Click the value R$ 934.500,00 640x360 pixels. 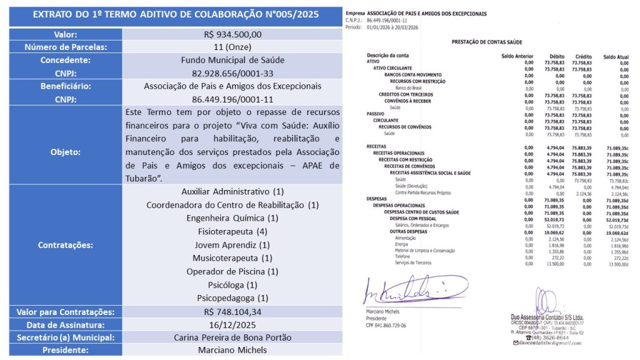coord(232,34)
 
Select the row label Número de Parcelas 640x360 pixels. coord(66,47)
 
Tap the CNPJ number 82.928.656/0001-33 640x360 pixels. coord(232,73)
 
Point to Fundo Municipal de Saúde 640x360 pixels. coord(232,61)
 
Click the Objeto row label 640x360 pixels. coord(66,151)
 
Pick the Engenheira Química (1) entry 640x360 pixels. coord(232,218)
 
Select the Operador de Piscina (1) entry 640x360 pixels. coord(232,271)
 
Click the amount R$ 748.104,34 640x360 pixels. coord(232,312)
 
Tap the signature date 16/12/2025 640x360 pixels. coord(232,325)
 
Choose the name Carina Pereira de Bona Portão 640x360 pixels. coord(232,337)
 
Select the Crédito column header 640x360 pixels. coord(583,56)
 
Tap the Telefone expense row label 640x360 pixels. coord(402,257)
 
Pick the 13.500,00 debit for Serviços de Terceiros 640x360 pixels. coord(554,263)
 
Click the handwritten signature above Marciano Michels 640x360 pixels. coord(413,291)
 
